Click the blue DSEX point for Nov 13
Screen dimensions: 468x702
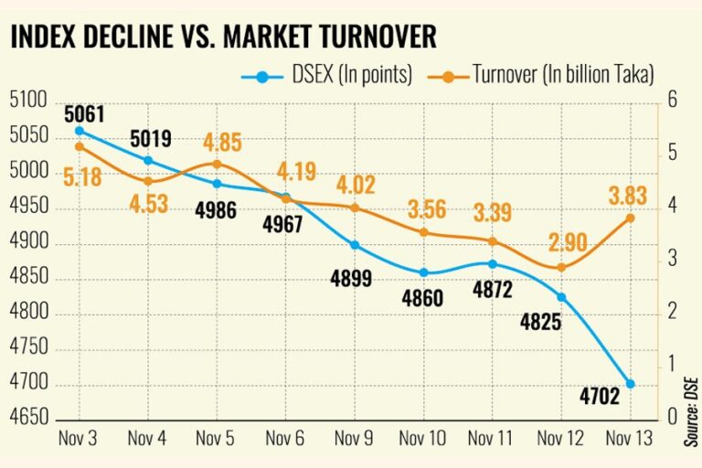click(631, 384)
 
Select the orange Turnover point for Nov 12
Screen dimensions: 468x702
click(561, 268)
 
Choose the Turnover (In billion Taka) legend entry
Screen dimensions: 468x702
click(558, 76)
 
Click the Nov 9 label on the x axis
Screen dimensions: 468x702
click(355, 438)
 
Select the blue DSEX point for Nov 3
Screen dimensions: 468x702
click(79, 131)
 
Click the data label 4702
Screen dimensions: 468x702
click(600, 397)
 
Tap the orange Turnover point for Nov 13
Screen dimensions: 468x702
click(631, 218)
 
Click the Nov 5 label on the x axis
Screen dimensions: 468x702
click(216, 438)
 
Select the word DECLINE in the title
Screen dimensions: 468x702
click(133, 37)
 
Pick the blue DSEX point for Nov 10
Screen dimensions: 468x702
click(423, 272)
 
